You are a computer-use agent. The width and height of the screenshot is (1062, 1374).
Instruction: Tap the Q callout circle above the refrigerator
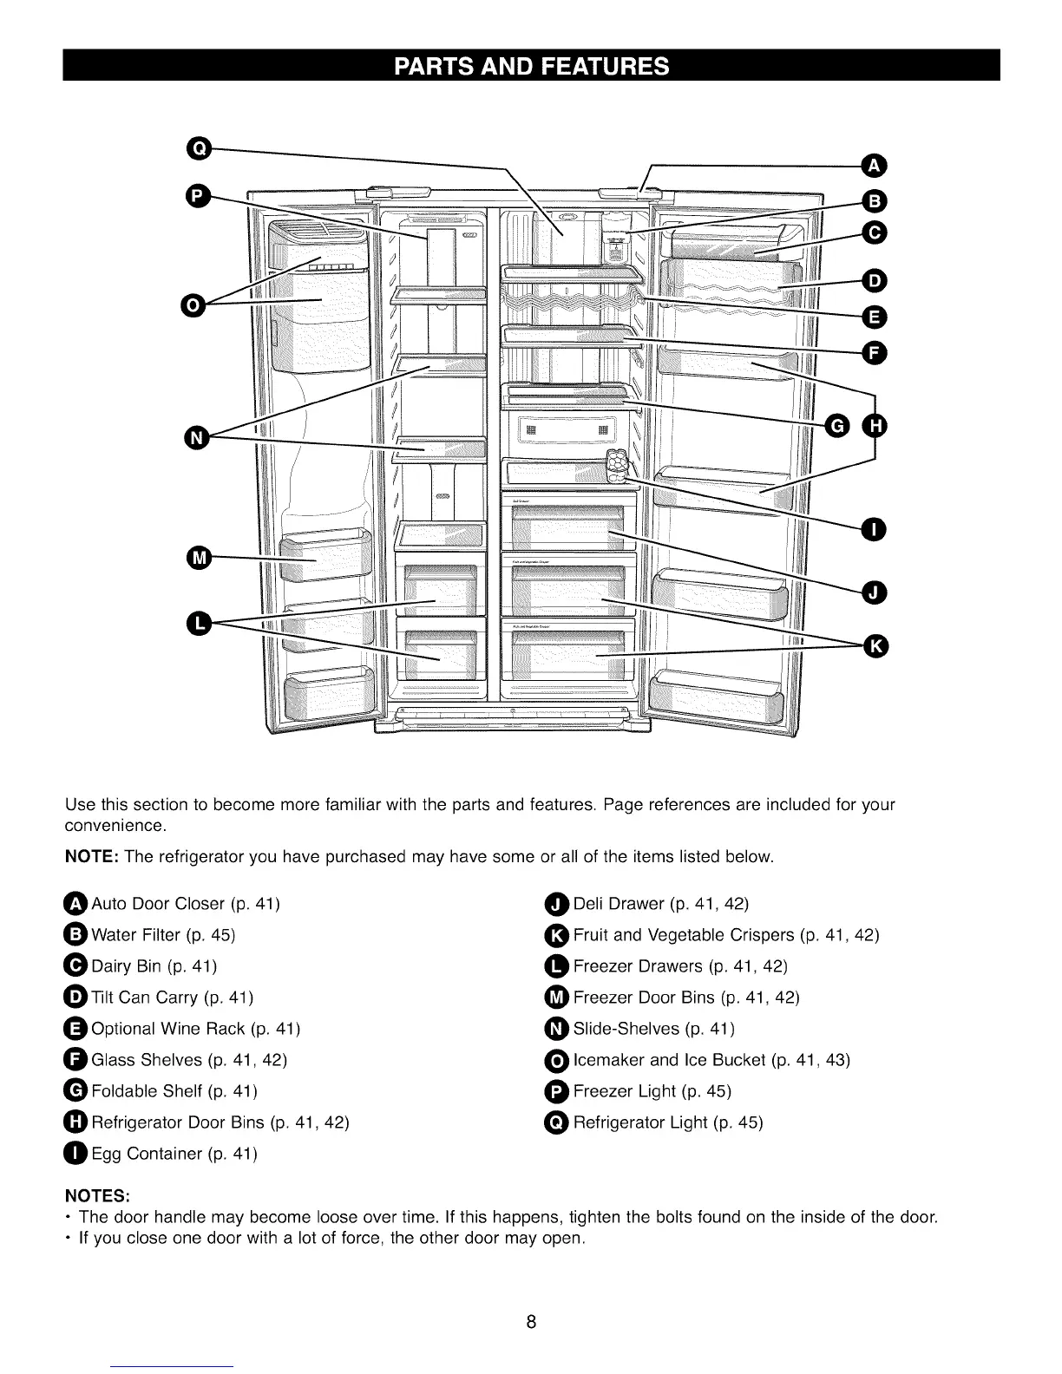click(x=199, y=149)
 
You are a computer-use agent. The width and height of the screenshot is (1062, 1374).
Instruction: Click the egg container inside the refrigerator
click(x=618, y=467)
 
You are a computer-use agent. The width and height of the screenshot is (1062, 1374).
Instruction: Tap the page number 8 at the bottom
click(x=531, y=1322)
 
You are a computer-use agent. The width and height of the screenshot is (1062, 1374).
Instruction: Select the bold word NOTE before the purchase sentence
click(x=93, y=857)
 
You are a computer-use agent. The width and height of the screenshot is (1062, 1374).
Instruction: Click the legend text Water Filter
click(x=136, y=935)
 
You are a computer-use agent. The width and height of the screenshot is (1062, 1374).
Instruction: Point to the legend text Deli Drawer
click(x=619, y=904)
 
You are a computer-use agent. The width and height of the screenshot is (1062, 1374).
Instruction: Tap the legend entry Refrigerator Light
click(x=640, y=1122)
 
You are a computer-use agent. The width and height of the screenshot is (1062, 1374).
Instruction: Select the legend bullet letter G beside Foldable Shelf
click(x=76, y=1091)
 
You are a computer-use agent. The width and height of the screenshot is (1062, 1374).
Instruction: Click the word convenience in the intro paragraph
click(x=115, y=825)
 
